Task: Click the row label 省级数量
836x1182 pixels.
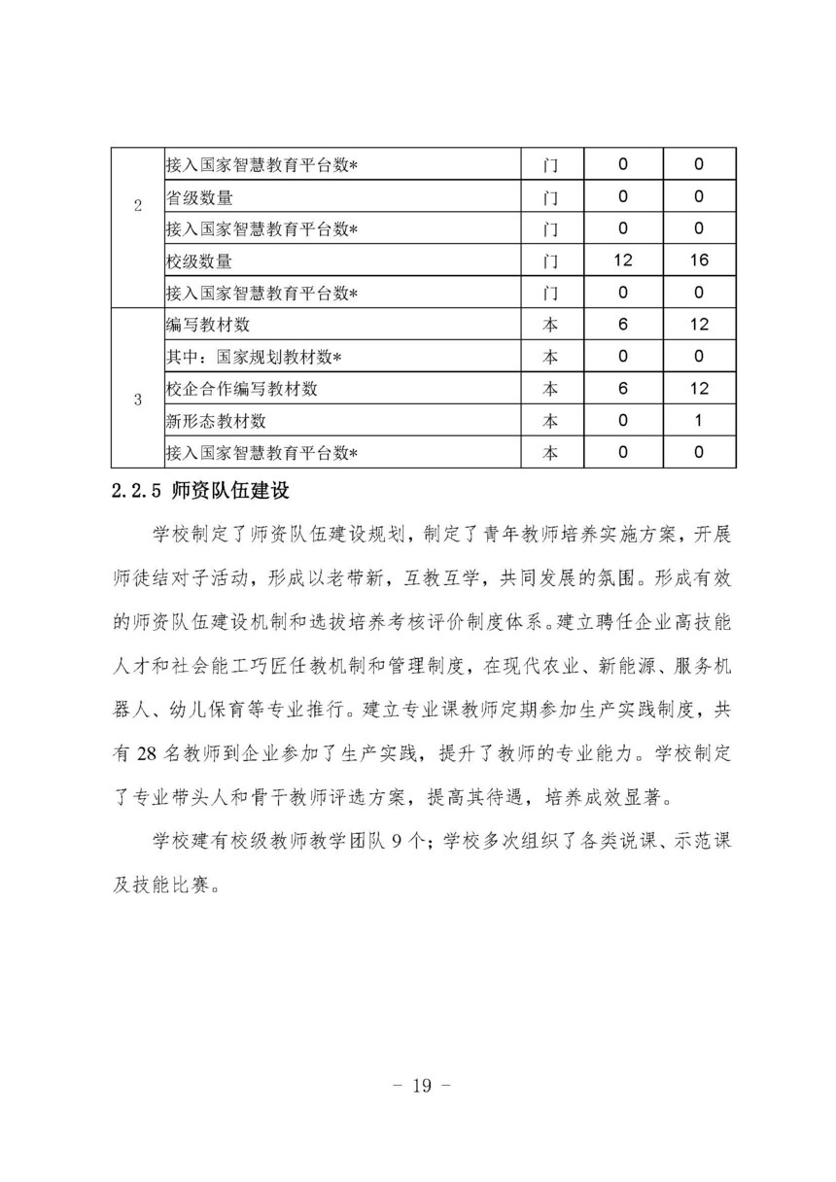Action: pyautogui.click(x=199, y=197)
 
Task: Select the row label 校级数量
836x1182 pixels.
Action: pyautogui.click(x=199, y=261)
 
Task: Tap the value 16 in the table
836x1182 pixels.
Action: pyautogui.click(x=697, y=261)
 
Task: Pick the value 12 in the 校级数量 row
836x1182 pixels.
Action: pyautogui.click(x=623, y=261)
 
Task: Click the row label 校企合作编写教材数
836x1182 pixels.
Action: pyautogui.click(x=242, y=389)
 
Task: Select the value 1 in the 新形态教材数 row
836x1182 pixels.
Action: pyautogui.click(x=697, y=421)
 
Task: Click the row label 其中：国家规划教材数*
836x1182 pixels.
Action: pyautogui.click(x=253, y=357)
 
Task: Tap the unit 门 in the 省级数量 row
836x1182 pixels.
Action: pyautogui.click(x=550, y=197)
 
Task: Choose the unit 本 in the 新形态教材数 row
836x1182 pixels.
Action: pyautogui.click(x=550, y=421)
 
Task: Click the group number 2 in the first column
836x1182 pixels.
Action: pyautogui.click(x=136, y=205)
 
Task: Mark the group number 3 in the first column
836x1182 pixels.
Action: pyautogui.click(x=136, y=398)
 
